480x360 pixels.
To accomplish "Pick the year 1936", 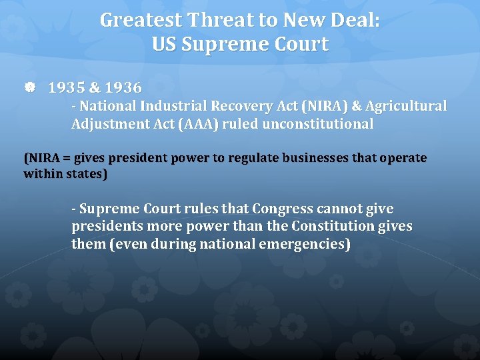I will (x=123, y=87).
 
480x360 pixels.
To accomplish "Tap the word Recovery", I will (x=233, y=106).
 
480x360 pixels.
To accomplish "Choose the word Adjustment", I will (x=104, y=124).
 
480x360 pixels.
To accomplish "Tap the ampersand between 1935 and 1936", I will (x=95, y=87).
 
